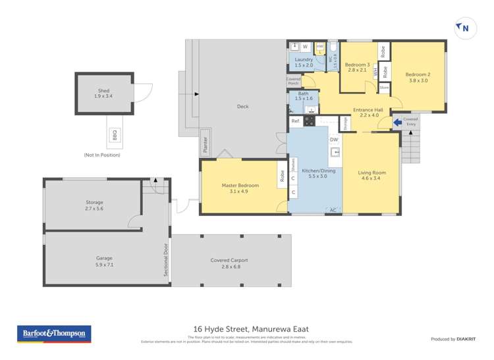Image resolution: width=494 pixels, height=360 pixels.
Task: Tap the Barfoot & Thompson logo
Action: (x=53, y=334)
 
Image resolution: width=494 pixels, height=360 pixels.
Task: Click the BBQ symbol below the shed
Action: (x=114, y=136)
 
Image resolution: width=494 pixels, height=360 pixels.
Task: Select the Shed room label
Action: (x=104, y=93)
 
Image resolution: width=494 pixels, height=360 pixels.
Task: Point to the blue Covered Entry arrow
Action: (x=398, y=121)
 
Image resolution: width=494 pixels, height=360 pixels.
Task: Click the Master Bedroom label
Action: (x=240, y=188)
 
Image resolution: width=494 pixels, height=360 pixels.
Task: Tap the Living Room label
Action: (x=371, y=175)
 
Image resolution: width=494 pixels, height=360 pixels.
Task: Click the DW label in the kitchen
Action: (x=334, y=139)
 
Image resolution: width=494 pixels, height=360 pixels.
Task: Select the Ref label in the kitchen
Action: (x=295, y=121)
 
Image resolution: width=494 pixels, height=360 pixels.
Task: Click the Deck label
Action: (x=242, y=107)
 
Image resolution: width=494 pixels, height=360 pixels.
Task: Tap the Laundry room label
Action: (x=304, y=63)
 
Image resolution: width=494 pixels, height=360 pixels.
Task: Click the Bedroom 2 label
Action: (x=418, y=78)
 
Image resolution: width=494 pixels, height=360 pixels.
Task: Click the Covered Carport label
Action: (x=229, y=263)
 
